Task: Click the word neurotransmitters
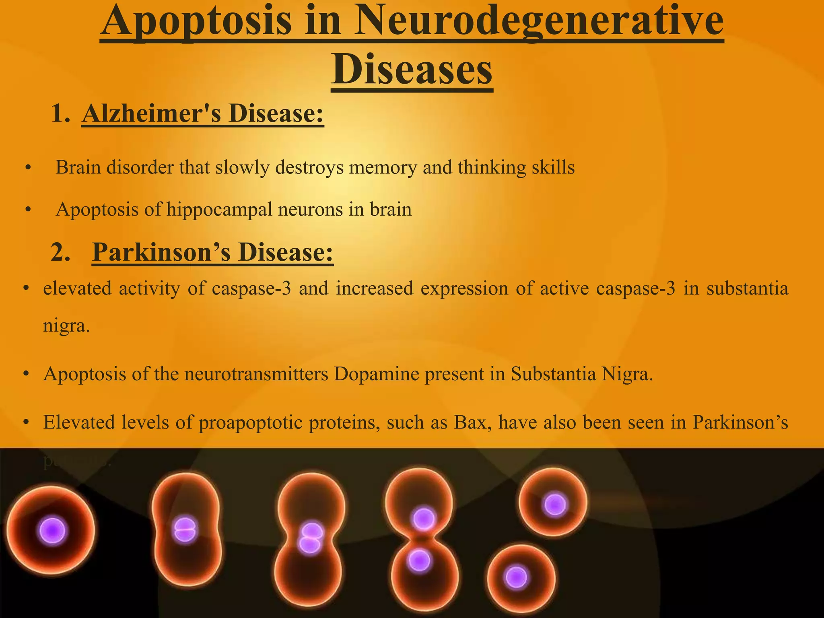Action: pyautogui.click(x=256, y=374)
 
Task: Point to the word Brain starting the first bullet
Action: pyautogui.click(x=78, y=167)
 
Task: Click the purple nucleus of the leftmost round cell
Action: pyautogui.click(x=52, y=531)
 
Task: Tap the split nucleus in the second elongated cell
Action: pyautogui.click(x=185, y=530)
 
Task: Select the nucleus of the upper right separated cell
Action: pyautogui.click(x=555, y=504)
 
